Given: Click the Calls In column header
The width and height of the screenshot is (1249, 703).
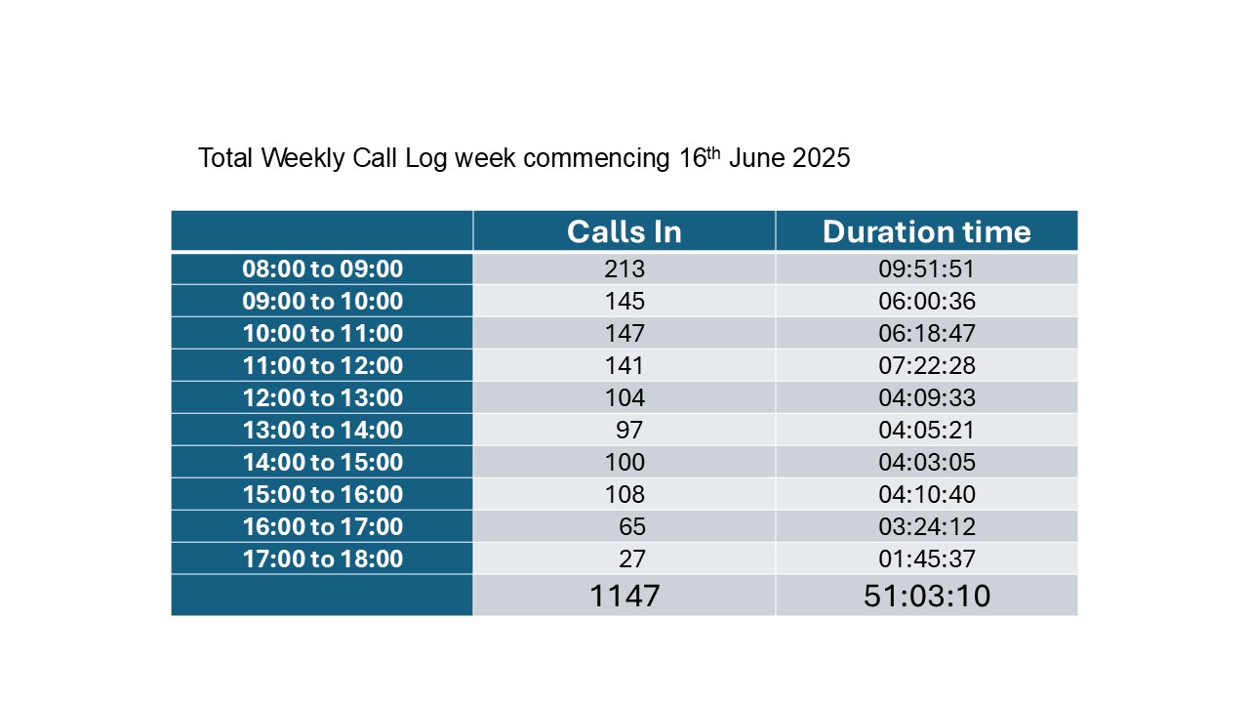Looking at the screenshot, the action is pyautogui.click(x=624, y=232).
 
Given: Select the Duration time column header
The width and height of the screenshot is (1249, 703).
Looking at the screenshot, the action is pyautogui.click(x=927, y=232).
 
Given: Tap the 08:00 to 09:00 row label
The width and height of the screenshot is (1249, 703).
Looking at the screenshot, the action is pyautogui.click(x=322, y=269).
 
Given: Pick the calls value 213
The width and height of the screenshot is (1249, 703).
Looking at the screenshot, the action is pyautogui.click(x=624, y=269).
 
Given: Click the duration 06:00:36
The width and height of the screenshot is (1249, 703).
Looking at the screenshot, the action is pyautogui.click(x=927, y=302).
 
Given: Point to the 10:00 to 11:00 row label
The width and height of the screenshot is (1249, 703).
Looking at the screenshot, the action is pyautogui.click(x=322, y=334).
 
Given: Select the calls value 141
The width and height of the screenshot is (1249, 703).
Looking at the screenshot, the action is pyautogui.click(x=624, y=366).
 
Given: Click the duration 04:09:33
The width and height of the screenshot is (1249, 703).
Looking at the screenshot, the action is pyautogui.click(x=927, y=397).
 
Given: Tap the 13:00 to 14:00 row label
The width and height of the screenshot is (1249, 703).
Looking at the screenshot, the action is pyautogui.click(x=322, y=431).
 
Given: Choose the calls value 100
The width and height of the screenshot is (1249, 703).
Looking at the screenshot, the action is pyautogui.click(x=624, y=463).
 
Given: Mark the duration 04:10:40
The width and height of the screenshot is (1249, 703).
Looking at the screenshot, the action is pyautogui.click(x=927, y=495).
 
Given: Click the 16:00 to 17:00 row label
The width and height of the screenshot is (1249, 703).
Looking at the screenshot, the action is pyautogui.click(x=322, y=526).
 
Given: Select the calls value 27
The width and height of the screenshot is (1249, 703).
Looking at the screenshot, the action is pyautogui.click(x=631, y=559).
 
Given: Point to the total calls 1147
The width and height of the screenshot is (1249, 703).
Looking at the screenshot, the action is pyautogui.click(x=624, y=596).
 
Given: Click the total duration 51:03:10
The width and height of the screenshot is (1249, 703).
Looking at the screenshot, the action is pyautogui.click(x=927, y=596).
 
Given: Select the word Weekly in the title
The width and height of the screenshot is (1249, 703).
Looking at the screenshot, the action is pyautogui.click(x=302, y=158).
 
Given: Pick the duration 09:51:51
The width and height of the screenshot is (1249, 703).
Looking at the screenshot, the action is pyautogui.click(x=927, y=269).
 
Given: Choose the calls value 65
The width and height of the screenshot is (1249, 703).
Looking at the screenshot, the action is pyautogui.click(x=631, y=526).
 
